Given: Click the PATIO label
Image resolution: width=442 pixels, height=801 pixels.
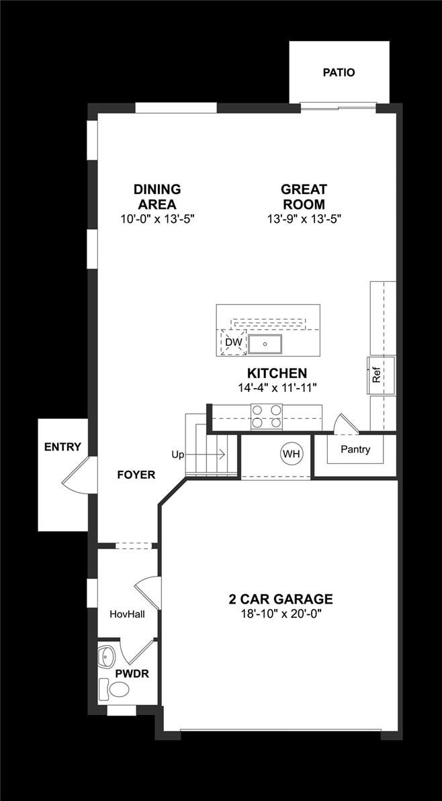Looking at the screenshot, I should point(339,73).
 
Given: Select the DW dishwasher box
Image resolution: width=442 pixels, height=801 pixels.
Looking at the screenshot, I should point(233,343).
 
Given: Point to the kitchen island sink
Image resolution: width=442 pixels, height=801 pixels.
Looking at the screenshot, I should point(265,344).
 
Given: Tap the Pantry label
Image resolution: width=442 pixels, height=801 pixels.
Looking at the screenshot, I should point(355,450).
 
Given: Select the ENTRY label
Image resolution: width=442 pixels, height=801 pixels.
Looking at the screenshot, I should point(62,447).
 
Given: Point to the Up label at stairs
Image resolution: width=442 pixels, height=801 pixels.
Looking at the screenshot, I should point(178,455).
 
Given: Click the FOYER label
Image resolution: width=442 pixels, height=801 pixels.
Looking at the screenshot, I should point(136,475).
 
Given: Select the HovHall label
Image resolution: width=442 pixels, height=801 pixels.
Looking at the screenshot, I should point(128,614).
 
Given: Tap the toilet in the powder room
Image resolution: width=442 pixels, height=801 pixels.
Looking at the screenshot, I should point(115,690).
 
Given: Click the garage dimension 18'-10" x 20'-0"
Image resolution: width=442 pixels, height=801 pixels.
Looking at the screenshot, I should point(281,614).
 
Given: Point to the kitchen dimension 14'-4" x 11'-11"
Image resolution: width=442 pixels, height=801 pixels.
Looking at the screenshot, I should point(277,387).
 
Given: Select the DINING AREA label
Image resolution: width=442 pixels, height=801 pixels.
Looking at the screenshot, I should point(157,197).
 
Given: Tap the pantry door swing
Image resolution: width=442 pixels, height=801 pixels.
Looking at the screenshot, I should point(343,423).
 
